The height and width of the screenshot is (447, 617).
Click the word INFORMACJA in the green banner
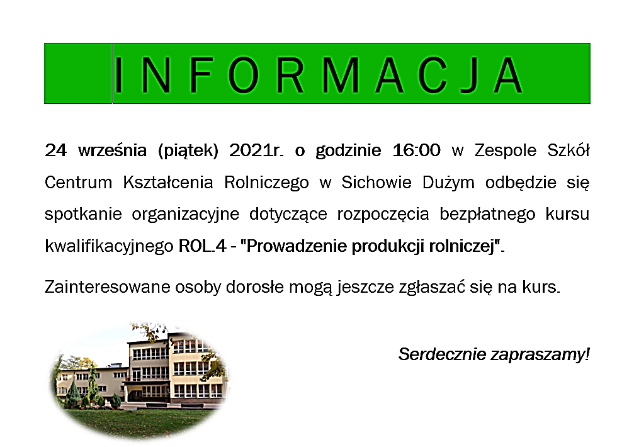coord(319,75)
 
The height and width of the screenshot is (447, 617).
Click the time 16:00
coord(416,150)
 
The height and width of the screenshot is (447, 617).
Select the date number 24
coord(55,150)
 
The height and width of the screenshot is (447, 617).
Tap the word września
coord(112,150)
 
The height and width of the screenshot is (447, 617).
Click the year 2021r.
coord(256,150)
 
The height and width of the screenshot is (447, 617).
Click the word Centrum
coord(78,183)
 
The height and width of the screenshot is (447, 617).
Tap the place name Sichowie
coord(376,182)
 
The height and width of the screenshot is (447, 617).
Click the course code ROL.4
coord(202,246)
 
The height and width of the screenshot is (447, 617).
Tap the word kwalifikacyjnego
coord(109,247)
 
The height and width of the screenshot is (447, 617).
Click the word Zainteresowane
coord(108,287)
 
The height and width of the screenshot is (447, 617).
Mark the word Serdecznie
coord(442,354)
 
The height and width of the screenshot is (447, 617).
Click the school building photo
coord(140,380)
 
